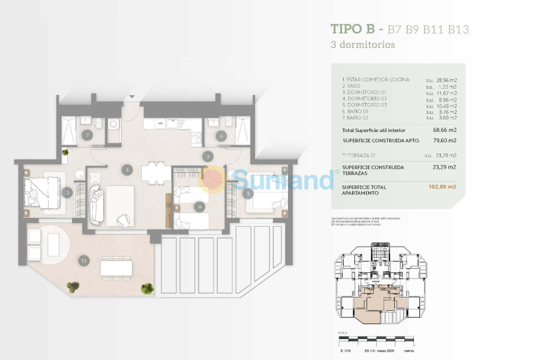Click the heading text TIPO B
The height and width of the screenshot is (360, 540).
[352, 29]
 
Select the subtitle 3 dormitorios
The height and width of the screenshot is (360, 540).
[362, 44]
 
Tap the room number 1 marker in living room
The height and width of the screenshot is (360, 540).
[127, 170]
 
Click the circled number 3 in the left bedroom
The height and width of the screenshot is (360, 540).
[68, 193]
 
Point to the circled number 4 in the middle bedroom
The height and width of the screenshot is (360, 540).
[200, 207]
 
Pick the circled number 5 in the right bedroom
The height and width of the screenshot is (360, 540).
[248, 193]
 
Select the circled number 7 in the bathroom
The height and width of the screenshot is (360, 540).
[88, 136]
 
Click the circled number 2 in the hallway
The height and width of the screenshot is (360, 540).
[208, 157]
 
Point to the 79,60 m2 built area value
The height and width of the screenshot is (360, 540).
[445, 140]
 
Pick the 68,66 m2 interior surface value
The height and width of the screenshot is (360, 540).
[445, 130]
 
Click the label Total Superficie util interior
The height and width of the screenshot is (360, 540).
[373, 130]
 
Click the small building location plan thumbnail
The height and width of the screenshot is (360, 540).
[380, 283]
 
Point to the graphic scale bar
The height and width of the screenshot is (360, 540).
[376, 341]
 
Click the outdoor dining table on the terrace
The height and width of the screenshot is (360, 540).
[116, 266]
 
